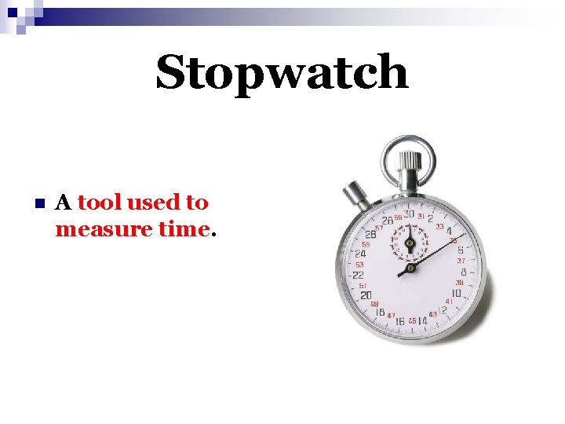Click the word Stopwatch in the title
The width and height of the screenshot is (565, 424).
point(282,73)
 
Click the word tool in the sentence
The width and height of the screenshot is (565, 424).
point(100,203)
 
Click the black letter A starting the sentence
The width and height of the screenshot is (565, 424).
point(64,203)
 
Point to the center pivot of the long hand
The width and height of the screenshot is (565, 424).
point(408,269)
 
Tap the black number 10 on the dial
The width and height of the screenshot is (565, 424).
point(456,294)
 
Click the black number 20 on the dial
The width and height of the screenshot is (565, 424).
point(366,295)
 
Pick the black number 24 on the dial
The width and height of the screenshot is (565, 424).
point(361,254)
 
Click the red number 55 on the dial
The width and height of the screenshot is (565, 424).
point(365,244)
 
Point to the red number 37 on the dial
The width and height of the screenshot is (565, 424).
point(461,261)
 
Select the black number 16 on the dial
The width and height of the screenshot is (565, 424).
point(399,320)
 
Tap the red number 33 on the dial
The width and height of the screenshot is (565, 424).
point(440,226)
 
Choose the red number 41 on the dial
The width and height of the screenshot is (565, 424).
point(449,302)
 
